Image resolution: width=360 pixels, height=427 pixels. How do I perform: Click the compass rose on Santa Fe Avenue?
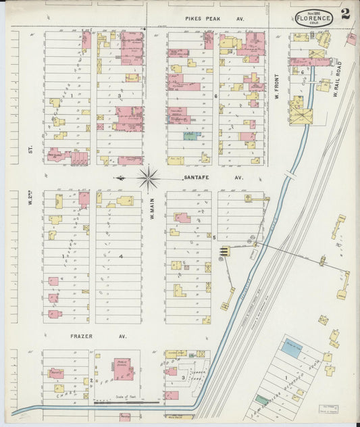coord(149,179)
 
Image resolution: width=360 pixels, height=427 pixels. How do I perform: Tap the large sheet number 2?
coord(345,14)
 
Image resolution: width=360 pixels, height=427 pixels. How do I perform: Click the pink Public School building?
coord(123,369)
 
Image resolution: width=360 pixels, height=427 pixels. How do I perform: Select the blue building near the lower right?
coord(292,349)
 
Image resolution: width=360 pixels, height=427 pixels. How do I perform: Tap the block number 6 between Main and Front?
coord(215,97)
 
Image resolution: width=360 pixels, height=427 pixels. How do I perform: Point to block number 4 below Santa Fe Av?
coord(120,257)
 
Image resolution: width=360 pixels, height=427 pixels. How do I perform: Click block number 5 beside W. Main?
coord(214,237)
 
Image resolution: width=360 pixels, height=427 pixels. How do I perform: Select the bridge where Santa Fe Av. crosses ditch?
coord(289,174)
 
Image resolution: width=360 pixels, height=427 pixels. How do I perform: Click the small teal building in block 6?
coord(190,136)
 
